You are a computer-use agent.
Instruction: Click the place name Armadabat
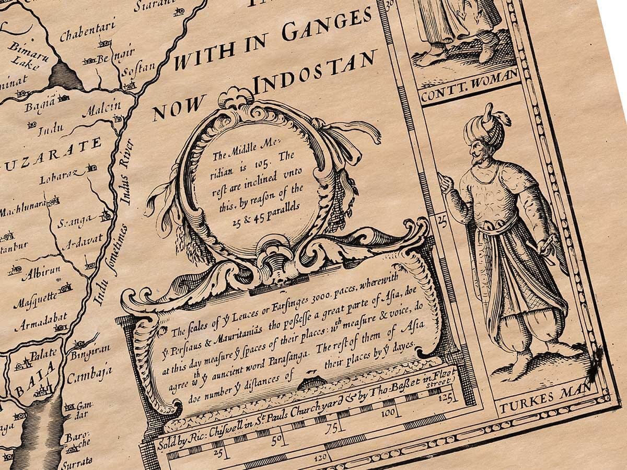click(x=40, y=322)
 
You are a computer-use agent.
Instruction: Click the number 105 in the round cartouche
click(x=266, y=163)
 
